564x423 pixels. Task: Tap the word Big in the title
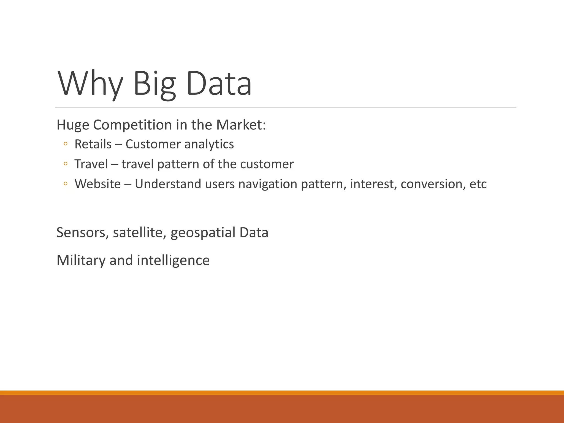click(154, 84)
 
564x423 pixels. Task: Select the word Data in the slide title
click(219, 84)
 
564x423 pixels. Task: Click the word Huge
click(73, 125)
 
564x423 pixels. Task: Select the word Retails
click(93, 144)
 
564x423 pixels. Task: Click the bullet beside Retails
click(65, 144)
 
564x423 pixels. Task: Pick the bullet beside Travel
click(65, 164)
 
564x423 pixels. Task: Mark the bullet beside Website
click(65, 184)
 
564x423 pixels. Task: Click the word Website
click(97, 184)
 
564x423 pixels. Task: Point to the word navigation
click(268, 184)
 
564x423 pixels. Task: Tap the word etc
click(478, 184)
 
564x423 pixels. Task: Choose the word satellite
click(140, 233)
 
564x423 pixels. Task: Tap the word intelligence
click(173, 261)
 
